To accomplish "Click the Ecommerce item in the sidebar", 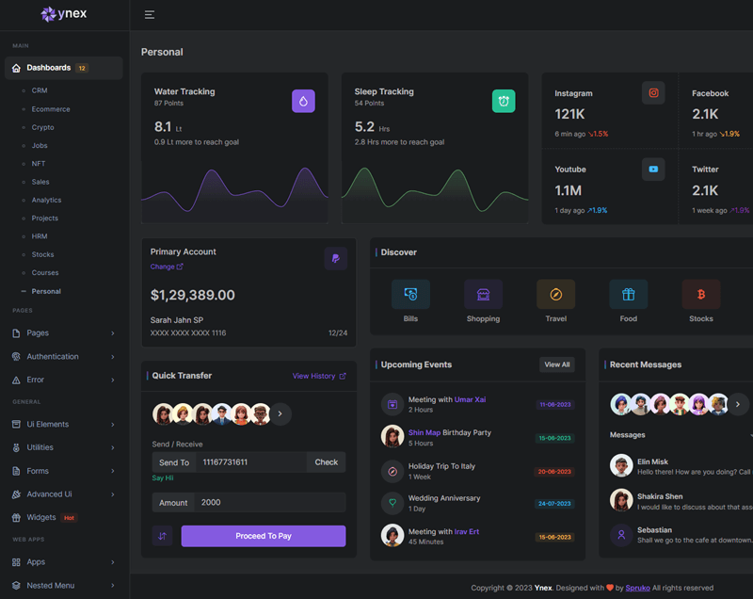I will click(51, 109).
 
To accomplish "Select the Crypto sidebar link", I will click(43, 127).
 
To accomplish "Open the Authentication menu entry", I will click(53, 356).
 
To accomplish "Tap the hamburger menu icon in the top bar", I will click(150, 14).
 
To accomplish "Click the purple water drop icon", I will click(303, 101).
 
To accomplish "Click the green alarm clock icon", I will click(504, 101).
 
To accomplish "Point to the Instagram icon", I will click(653, 92).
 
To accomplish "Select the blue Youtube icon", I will click(653, 169).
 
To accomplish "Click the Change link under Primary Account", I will click(167, 267).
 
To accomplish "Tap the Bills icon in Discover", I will click(410, 295).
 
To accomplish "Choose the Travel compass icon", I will click(555, 295).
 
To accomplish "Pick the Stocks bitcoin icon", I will click(701, 295).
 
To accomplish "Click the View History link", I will click(319, 376).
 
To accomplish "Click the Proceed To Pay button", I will click(264, 536).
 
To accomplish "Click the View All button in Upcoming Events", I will click(557, 364).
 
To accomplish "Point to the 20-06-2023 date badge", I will click(555, 471).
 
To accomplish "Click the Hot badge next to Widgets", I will click(69, 517).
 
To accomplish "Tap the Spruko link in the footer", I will click(638, 588).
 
